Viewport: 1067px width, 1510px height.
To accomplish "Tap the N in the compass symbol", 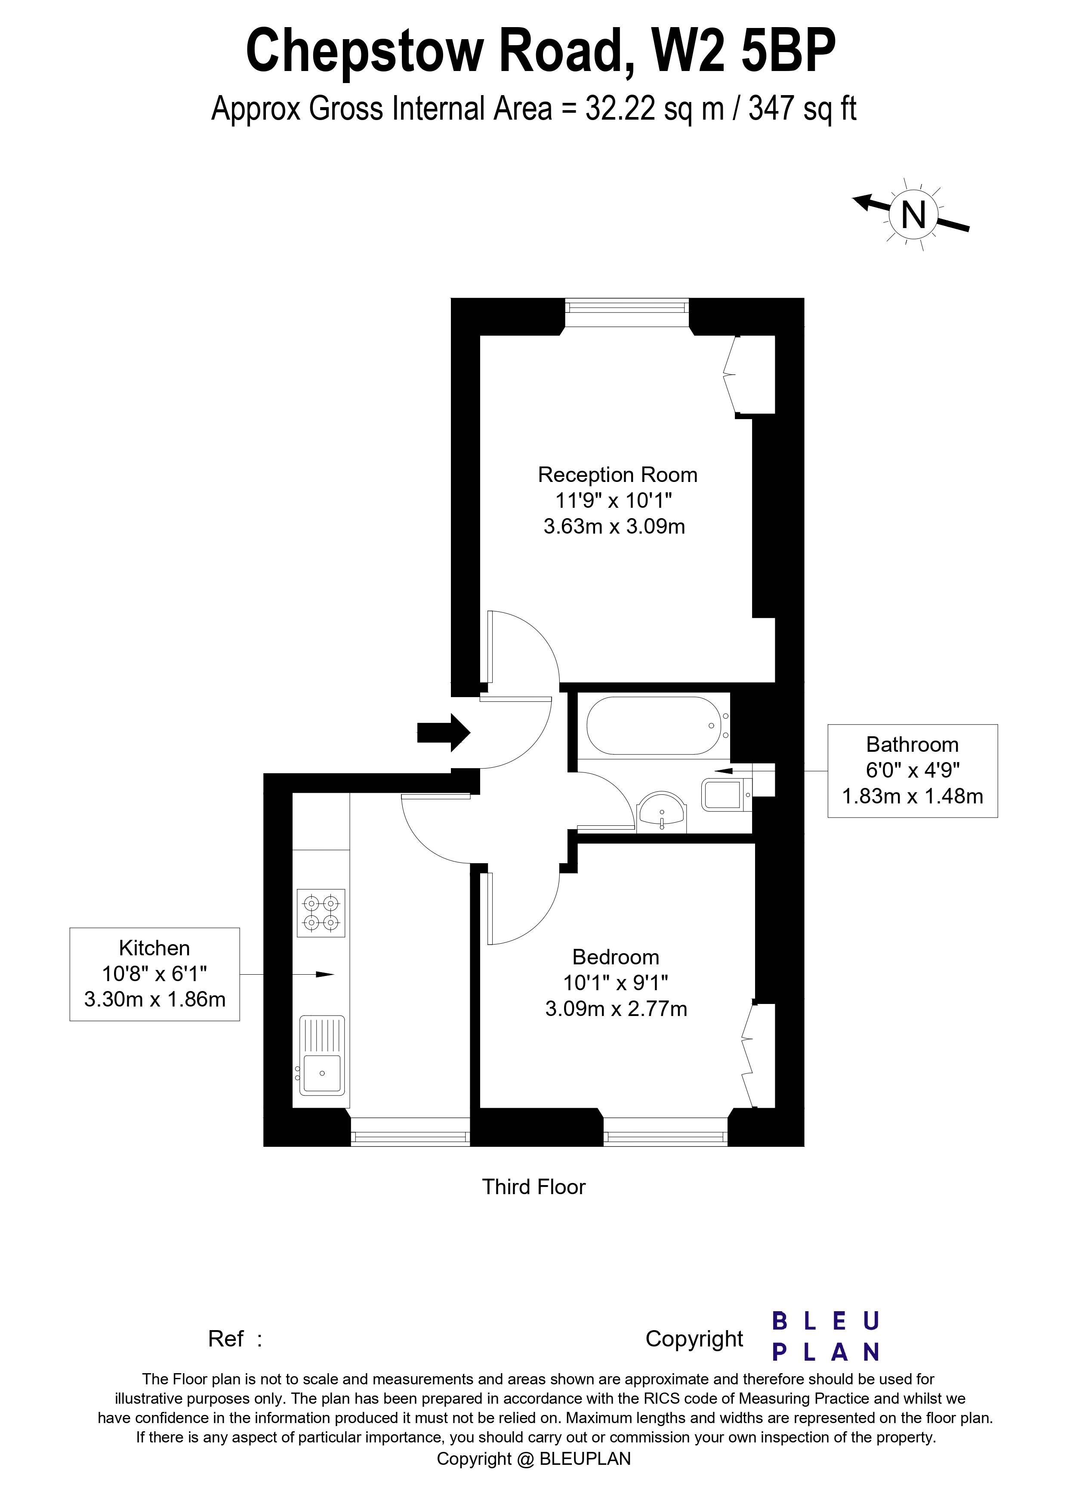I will tap(913, 215).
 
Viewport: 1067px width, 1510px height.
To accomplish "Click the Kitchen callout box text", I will tap(154, 973).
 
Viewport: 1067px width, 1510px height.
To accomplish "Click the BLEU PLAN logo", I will tap(825, 1337).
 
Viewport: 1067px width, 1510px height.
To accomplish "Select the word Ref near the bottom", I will tap(225, 1338).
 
